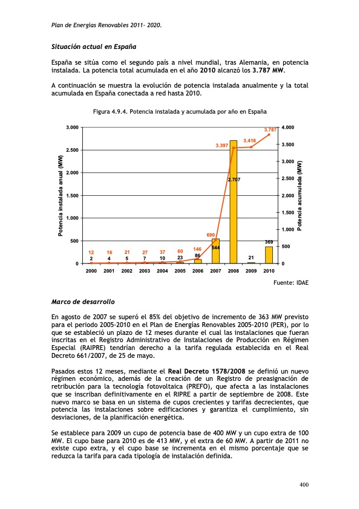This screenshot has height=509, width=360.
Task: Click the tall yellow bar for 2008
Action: coord(233,206)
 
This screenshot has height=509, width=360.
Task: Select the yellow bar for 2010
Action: coord(269,254)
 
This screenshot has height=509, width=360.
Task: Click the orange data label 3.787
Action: coord(270,129)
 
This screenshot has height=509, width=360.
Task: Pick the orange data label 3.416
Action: coord(250,140)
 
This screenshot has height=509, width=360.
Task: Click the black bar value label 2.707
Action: coord(234,180)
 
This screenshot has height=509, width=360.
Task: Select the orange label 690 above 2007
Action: coord(211,234)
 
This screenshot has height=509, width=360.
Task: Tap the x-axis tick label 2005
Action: coord(180,271)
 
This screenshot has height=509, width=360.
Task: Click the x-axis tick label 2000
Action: coord(91,271)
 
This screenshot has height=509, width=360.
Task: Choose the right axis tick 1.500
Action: coord(287,213)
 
